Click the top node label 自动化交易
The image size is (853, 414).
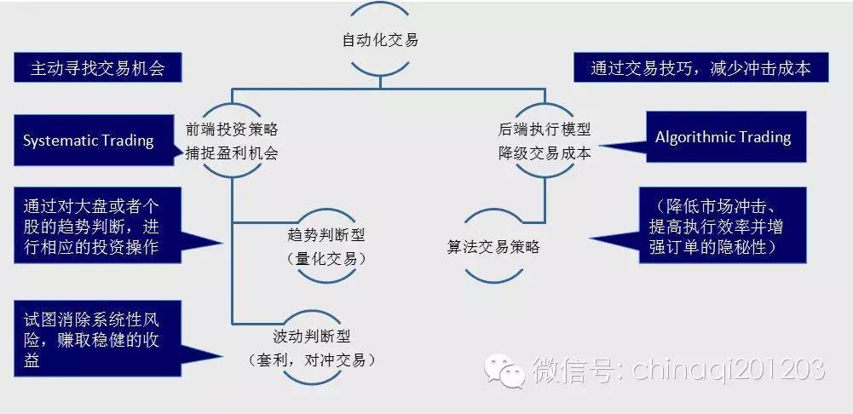[380, 40]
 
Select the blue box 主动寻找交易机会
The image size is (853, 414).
[98, 67]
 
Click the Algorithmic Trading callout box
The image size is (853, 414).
[726, 136]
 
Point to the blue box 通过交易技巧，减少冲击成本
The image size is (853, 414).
[701, 67]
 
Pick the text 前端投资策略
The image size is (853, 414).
[233, 129]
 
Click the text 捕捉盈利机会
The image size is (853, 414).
[233, 153]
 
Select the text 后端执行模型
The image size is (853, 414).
[545, 129]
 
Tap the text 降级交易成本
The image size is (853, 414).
[545, 153]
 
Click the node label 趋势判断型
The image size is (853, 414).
[326, 236]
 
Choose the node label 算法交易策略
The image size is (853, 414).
[493, 247]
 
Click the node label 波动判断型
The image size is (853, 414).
[312, 336]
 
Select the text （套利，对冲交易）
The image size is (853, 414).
[312, 359]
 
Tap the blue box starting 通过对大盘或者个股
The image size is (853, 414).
[98, 225]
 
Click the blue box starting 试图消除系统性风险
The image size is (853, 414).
[98, 338]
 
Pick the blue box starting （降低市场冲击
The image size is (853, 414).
[723, 225]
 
